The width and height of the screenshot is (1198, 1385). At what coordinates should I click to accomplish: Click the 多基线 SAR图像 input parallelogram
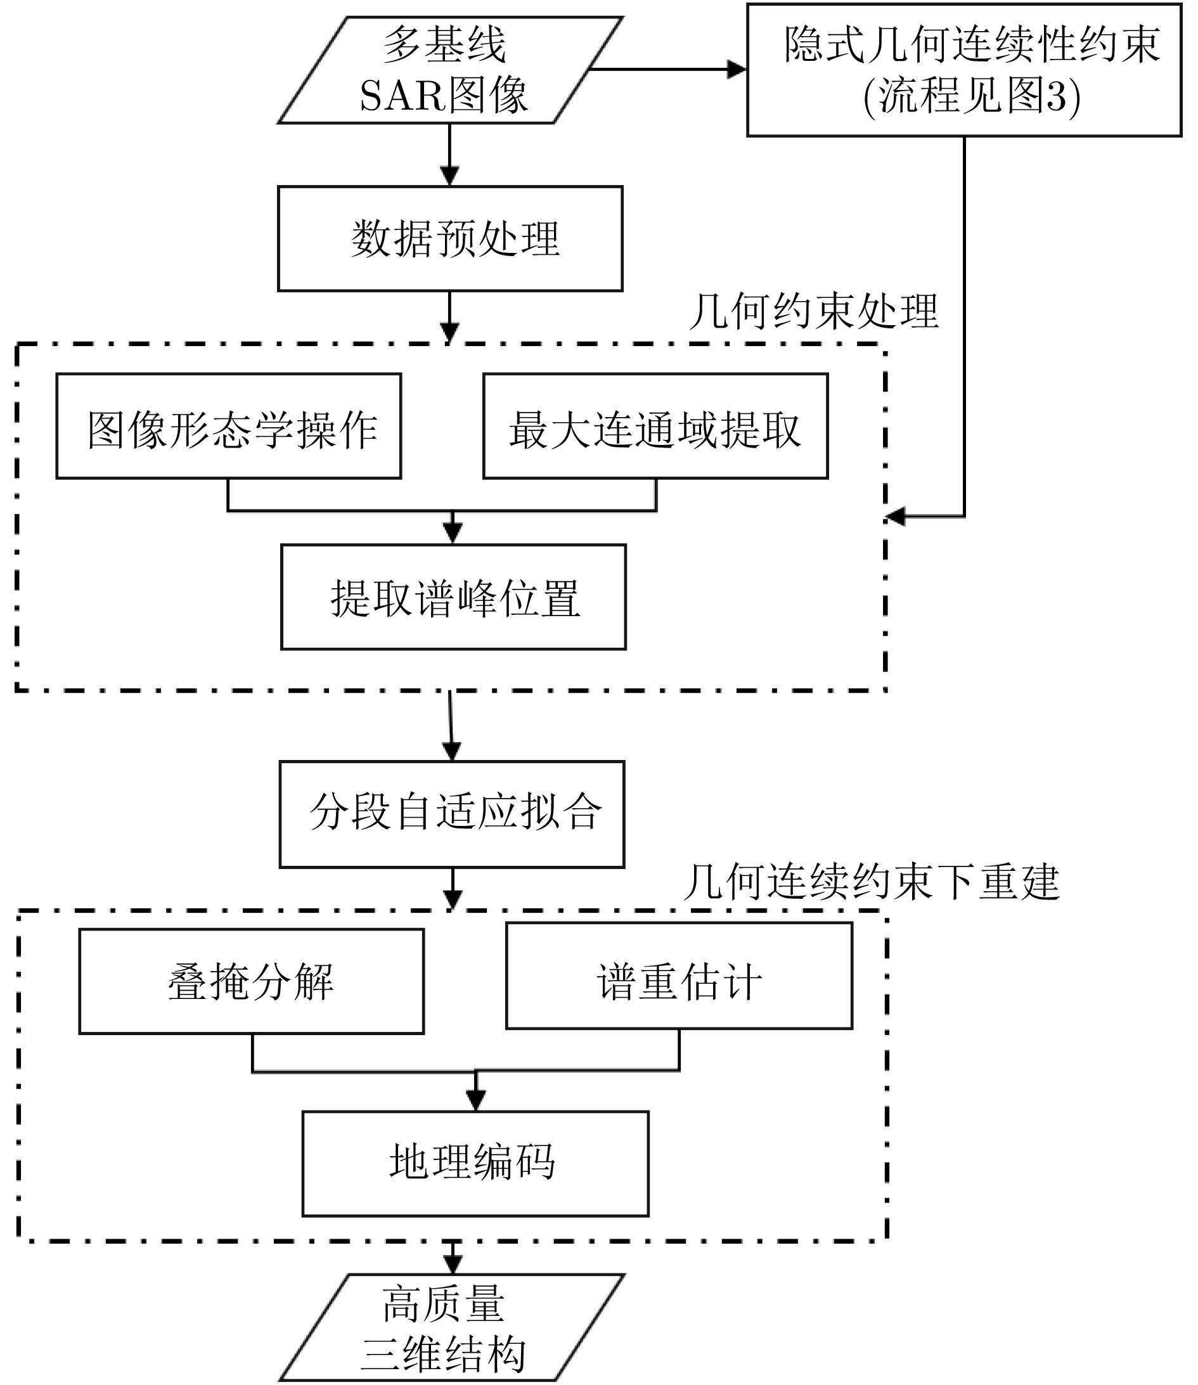click(449, 70)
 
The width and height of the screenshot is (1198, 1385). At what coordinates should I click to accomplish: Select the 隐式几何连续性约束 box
click(964, 70)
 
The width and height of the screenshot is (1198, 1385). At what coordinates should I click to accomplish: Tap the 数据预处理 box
click(450, 238)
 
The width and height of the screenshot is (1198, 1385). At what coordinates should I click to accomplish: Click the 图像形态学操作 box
click(229, 427)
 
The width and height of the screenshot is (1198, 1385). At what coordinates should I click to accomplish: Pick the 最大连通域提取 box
click(655, 427)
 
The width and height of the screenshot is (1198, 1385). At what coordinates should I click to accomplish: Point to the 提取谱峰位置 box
click(453, 597)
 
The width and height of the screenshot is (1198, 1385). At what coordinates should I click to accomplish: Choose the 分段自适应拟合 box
click(452, 814)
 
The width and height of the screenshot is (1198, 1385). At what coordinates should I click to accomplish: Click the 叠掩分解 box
click(252, 981)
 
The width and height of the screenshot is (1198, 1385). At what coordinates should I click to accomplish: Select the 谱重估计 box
click(680, 976)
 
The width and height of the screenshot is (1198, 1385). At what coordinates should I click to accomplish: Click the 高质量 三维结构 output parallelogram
click(451, 1327)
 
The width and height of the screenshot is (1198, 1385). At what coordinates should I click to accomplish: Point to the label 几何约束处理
click(814, 311)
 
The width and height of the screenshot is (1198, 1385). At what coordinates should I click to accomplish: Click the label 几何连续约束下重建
click(871, 882)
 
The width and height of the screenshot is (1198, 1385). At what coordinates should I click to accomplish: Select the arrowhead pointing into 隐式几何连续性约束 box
click(737, 69)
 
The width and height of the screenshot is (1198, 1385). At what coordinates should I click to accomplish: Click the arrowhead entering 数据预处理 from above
click(449, 176)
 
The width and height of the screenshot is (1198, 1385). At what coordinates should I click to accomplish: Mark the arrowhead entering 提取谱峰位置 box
click(453, 534)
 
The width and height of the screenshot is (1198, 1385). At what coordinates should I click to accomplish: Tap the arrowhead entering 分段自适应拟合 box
click(453, 751)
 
